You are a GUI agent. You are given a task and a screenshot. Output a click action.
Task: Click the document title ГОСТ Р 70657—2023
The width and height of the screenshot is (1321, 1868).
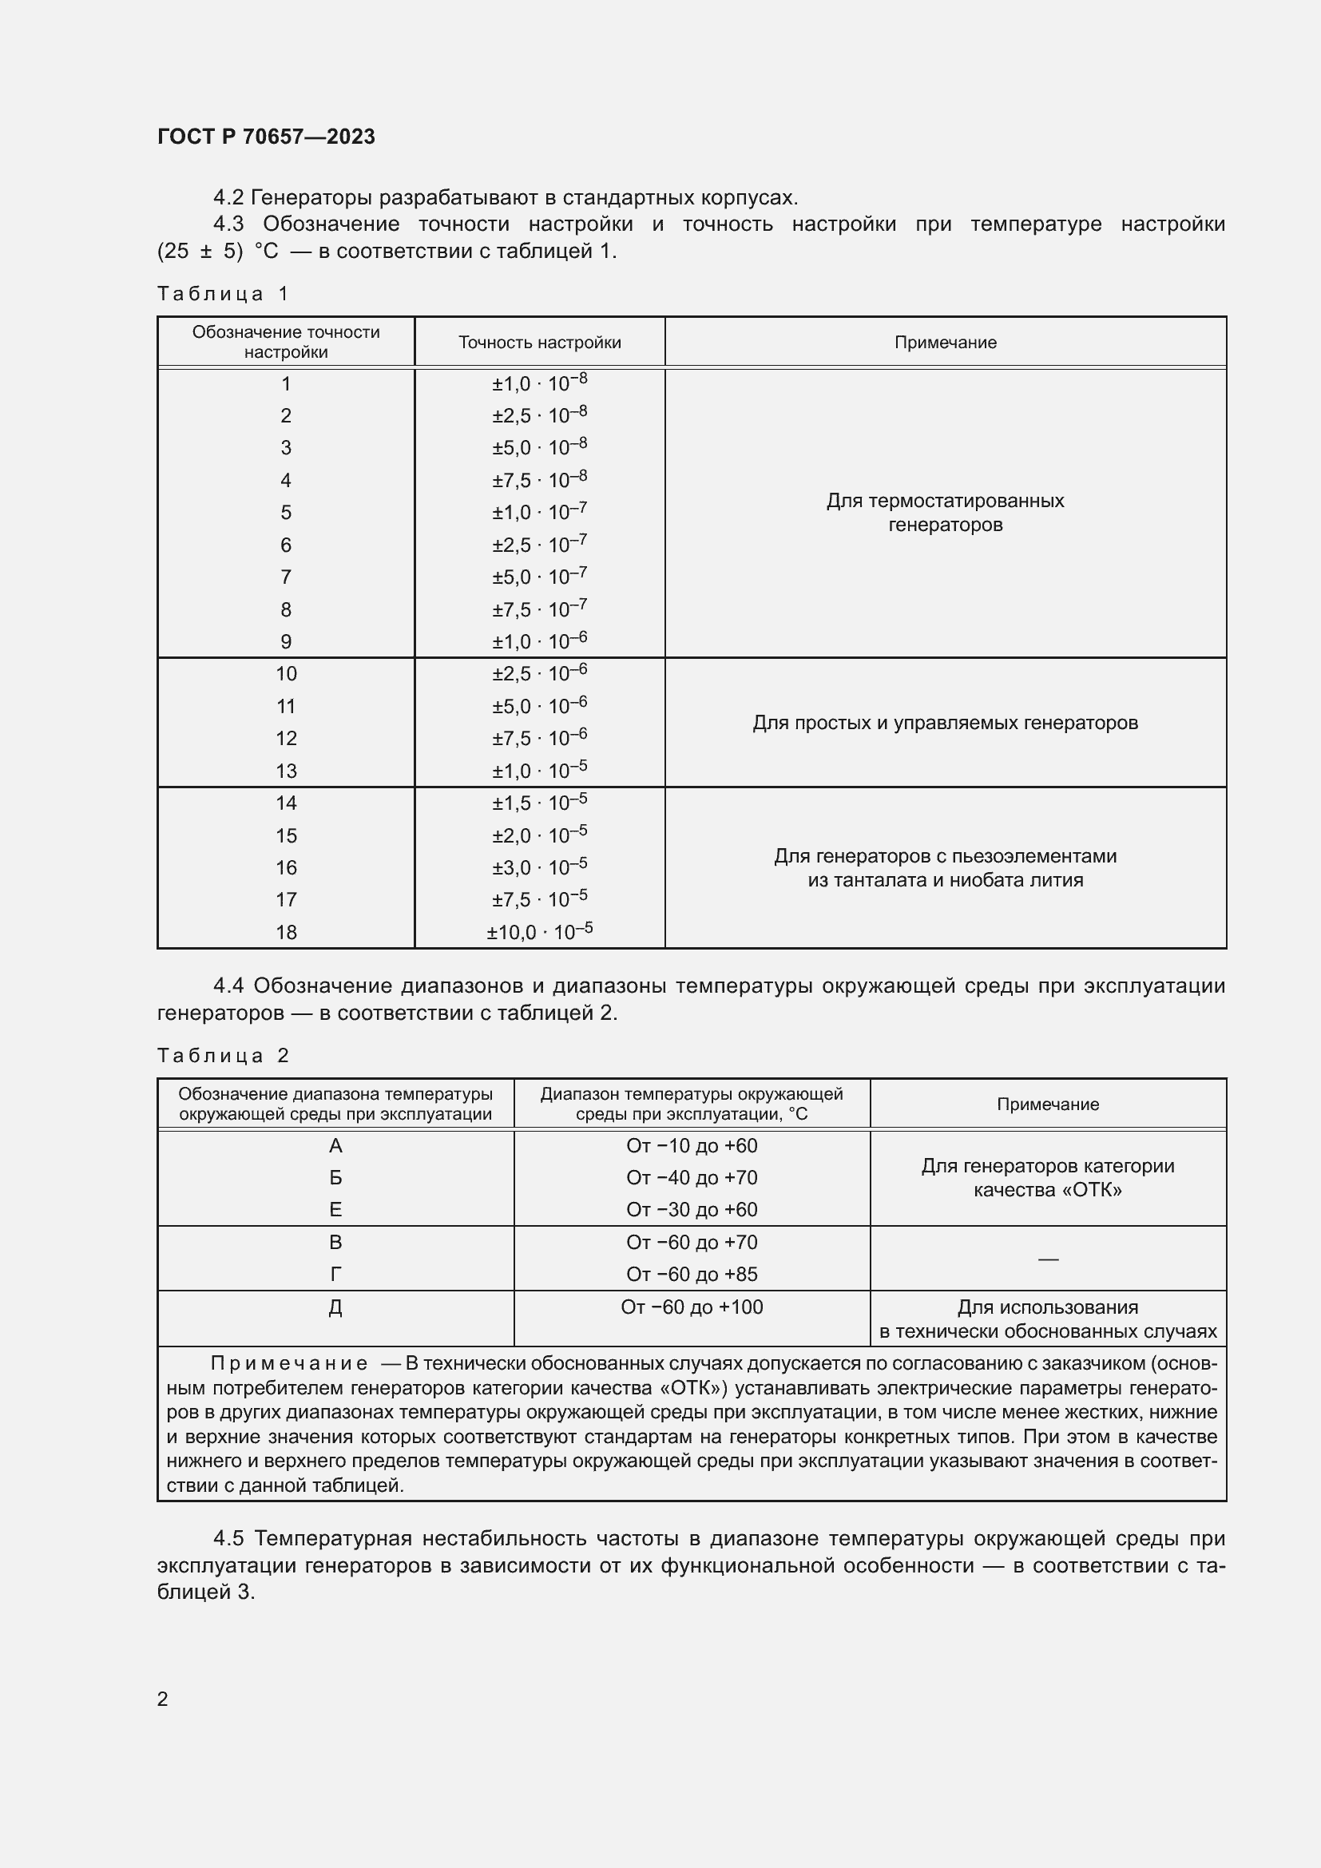(266, 137)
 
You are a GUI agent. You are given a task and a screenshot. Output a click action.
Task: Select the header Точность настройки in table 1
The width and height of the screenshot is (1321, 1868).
(539, 343)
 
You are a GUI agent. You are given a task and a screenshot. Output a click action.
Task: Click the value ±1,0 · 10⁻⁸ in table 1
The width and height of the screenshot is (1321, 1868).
(539, 383)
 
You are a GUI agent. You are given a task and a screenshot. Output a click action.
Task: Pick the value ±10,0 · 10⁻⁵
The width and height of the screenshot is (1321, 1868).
(539, 932)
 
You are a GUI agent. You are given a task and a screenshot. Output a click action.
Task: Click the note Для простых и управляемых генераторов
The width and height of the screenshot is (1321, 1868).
(944, 723)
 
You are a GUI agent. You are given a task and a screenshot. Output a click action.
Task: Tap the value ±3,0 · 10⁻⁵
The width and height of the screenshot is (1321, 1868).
(539, 868)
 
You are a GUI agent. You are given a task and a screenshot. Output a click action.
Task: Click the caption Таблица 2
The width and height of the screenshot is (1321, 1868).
(223, 1056)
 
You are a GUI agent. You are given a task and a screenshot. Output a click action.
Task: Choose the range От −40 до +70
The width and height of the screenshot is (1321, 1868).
(692, 1178)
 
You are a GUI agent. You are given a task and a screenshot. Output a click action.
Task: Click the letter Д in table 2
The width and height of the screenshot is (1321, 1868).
(335, 1307)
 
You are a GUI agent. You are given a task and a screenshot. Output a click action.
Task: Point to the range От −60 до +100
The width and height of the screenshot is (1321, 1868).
(692, 1307)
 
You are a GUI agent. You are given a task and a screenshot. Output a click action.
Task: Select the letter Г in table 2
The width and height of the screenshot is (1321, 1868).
(335, 1275)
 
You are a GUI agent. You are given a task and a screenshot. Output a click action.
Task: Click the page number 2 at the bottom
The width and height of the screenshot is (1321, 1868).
(163, 1699)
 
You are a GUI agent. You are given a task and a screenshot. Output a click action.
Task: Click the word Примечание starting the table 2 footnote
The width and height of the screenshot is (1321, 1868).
(289, 1363)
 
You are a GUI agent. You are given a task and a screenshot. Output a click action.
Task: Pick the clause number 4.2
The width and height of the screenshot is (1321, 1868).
(228, 198)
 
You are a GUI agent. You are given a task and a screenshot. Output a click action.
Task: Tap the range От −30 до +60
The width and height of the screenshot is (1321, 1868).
(692, 1210)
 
